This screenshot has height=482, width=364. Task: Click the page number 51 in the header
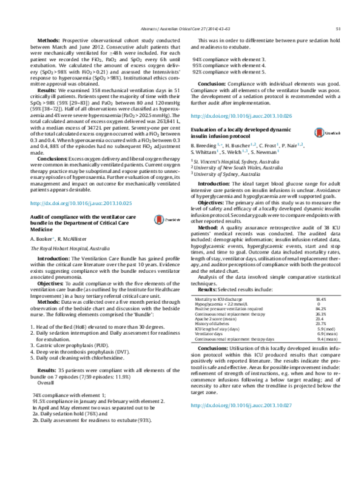[343, 28]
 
